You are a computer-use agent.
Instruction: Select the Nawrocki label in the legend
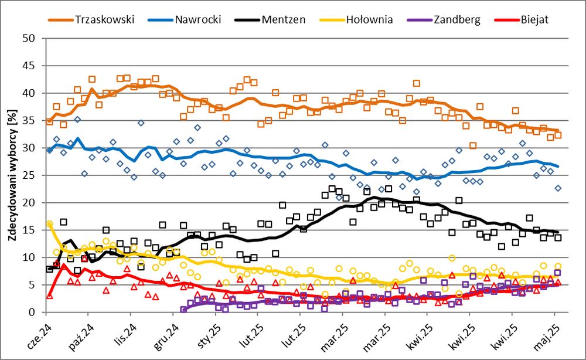pyautogui.click(x=197, y=19)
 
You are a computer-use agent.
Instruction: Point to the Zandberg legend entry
pyautogui.click(x=457, y=19)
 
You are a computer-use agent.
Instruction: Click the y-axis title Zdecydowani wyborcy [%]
pyautogui.click(x=12, y=175)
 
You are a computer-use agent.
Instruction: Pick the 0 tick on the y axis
pyautogui.click(x=32, y=313)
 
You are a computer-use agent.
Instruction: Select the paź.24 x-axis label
pyautogui.click(x=86, y=333)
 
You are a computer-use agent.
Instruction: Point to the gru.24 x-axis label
pyautogui.click(x=171, y=333)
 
